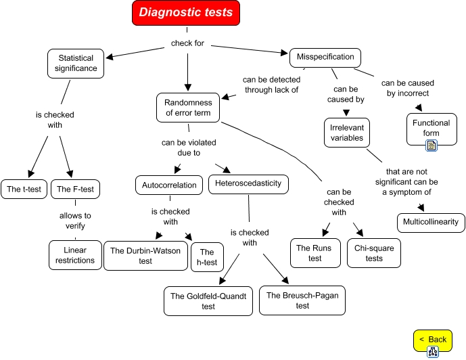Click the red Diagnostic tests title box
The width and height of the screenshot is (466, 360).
click(185, 13)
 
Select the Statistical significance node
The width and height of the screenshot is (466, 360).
click(76, 63)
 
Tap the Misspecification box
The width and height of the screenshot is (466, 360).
click(325, 58)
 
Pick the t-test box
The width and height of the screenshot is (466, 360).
click(24, 189)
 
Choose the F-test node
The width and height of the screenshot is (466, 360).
click(75, 189)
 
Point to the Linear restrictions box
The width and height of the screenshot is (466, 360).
click(76, 254)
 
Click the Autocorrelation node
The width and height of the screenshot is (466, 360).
click(169, 185)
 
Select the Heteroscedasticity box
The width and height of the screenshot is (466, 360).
click(248, 183)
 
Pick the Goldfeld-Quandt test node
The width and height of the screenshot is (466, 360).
click(208, 301)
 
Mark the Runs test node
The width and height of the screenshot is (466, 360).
click(314, 253)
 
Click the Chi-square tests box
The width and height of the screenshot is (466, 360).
click(373, 253)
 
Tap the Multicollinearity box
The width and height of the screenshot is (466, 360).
click(430, 221)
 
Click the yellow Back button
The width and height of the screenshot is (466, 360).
click(433, 339)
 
